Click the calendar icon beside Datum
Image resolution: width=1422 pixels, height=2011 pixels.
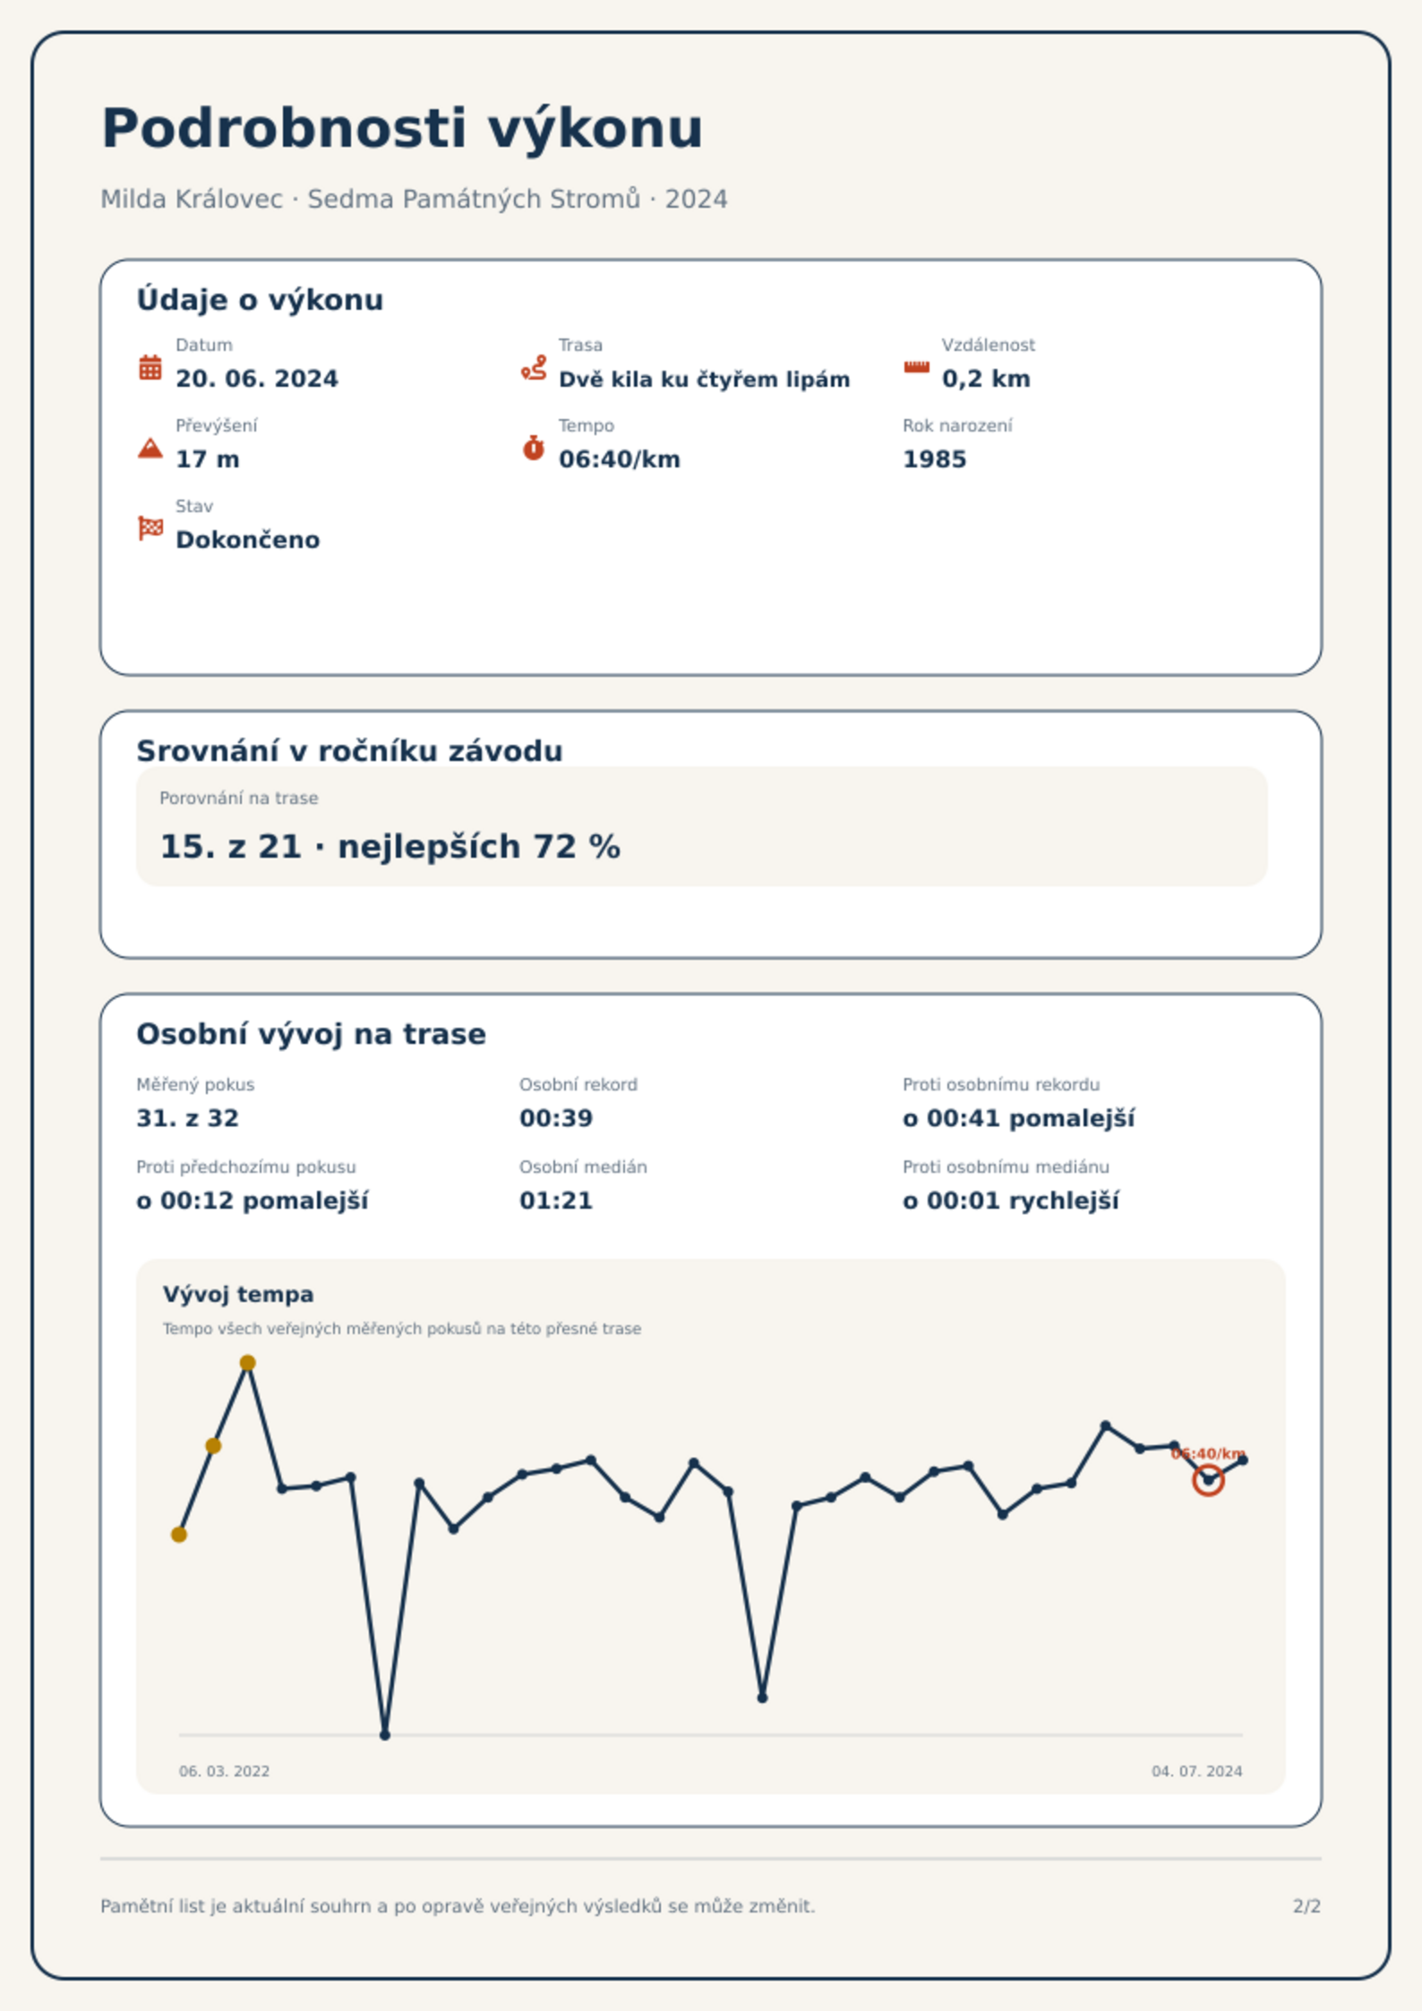[x=150, y=367]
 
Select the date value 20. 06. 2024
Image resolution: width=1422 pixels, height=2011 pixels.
[x=257, y=379]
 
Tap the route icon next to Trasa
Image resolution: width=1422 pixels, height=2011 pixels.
[x=534, y=367]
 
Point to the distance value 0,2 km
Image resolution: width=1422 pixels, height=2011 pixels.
[x=986, y=379]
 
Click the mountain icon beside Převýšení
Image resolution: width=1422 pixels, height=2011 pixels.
[x=150, y=448]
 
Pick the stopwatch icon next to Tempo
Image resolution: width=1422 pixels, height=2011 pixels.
[x=534, y=448]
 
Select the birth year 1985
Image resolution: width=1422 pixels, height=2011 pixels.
[x=935, y=459]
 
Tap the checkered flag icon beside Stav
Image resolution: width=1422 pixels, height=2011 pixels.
[x=150, y=528]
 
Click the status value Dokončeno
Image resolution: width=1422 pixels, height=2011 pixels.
[x=248, y=540]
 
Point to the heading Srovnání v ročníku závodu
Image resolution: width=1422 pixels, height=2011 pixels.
[x=349, y=750]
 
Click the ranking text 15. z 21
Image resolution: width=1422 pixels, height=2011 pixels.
[x=231, y=846]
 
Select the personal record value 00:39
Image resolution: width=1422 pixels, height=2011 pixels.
[x=556, y=1118]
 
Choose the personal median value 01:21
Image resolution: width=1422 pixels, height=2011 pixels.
[x=556, y=1201]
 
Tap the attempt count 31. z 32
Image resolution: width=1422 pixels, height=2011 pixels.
[x=187, y=1118]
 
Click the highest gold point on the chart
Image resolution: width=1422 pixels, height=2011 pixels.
[x=248, y=1363]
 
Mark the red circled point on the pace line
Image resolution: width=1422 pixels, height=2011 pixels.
[x=1208, y=1480]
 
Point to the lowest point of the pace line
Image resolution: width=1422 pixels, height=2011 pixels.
[x=385, y=1734]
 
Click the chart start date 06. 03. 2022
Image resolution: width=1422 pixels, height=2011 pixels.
[x=224, y=1771]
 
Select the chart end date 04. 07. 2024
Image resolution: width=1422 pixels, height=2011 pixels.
[x=1197, y=1771]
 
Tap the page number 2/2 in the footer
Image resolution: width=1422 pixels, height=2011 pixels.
[x=1306, y=1906]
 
